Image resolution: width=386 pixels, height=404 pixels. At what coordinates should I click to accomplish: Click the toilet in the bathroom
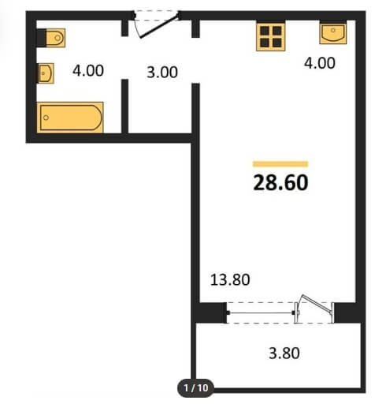point(55,38)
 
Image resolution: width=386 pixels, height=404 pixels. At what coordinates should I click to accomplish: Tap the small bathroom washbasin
point(46,73)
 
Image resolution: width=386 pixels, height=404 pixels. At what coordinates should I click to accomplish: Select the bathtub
point(70,118)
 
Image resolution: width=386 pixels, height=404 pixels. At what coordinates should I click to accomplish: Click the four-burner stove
point(271,37)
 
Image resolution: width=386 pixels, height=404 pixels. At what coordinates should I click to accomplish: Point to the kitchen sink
point(333,33)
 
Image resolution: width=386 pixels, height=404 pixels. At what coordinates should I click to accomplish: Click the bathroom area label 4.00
point(88,71)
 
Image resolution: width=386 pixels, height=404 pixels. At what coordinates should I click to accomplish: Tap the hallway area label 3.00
point(162,73)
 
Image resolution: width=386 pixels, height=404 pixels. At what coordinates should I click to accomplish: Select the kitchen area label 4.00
point(320,63)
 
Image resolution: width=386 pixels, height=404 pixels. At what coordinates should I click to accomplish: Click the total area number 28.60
point(280,183)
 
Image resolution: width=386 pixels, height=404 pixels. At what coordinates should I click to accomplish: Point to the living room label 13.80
point(230,279)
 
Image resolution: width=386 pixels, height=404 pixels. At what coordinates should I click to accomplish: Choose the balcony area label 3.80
point(284,353)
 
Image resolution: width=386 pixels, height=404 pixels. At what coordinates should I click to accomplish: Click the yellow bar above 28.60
point(280,164)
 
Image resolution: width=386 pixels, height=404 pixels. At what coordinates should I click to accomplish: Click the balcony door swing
point(315,303)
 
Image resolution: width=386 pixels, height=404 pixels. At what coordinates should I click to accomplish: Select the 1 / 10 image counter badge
point(196,387)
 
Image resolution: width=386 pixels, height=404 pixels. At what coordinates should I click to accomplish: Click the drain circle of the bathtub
point(46,118)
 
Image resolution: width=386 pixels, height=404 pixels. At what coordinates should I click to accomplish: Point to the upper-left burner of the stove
point(265,31)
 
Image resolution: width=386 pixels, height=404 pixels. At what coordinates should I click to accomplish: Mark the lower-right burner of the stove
point(277,43)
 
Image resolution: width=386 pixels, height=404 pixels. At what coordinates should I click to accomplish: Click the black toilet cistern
point(41,38)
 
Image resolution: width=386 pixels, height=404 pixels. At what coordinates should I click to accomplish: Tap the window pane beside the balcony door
point(261,313)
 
